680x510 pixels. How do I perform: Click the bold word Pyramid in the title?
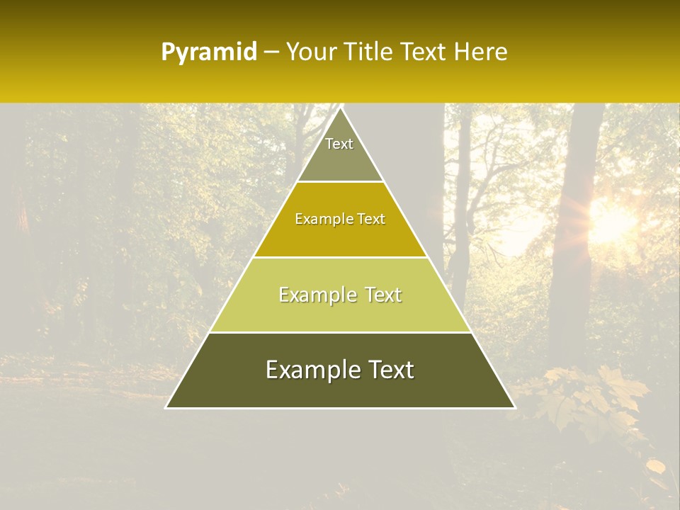pyautogui.click(x=208, y=52)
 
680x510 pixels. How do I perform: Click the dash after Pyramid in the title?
pyautogui.click(x=271, y=52)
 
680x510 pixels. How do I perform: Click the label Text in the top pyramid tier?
pyautogui.click(x=339, y=144)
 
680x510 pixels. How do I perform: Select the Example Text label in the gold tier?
pyautogui.click(x=340, y=219)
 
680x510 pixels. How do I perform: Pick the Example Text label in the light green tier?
pyautogui.click(x=340, y=295)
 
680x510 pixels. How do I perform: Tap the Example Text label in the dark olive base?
pyautogui.click(x=340, y=370)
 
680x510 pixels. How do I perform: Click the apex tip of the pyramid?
pyautogui.click(x=341, y=108)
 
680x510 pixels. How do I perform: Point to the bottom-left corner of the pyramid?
pyautogui.click(x=166, y=407)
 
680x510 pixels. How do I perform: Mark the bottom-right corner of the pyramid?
pyautogui.click(x=514, y=407)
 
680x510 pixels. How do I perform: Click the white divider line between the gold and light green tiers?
pyautogui.click(x=340, y=257)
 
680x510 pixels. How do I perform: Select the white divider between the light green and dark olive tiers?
pyautogui.click(x=340, y=332)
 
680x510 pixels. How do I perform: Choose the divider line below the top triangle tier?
pyautogui.click(x=340, y=182)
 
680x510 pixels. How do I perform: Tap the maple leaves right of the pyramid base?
pyautogui.click(x=588, y=397)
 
